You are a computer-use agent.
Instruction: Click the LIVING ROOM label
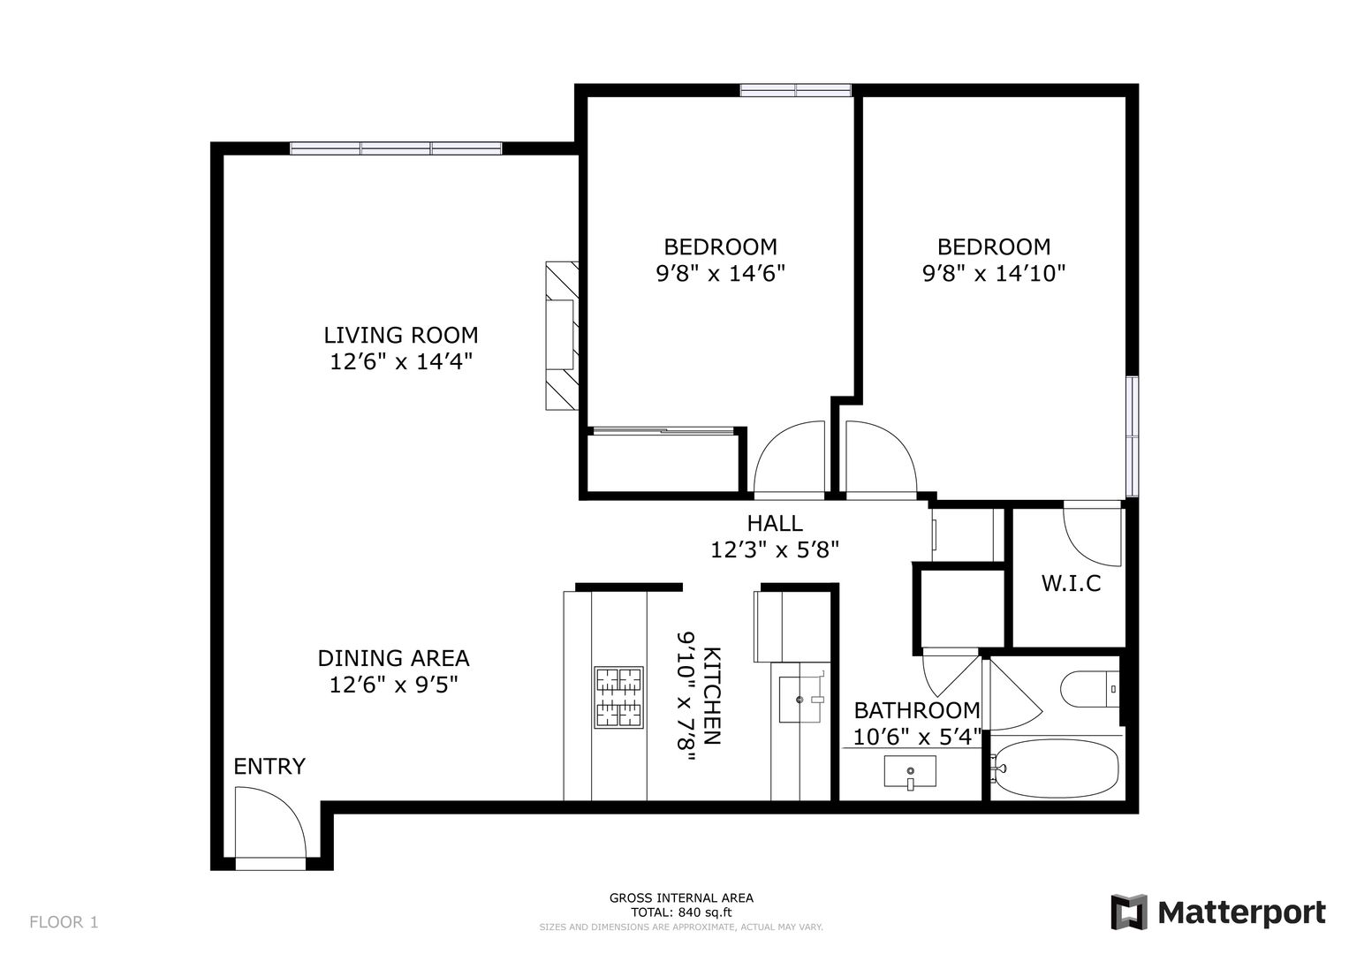tap(400, 335)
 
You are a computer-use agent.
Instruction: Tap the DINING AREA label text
tap(393, 658)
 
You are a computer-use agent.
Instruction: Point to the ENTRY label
tap(269, 767)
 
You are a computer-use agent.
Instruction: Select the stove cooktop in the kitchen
tap(618, 697)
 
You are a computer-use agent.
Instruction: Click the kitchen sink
tap(800, 700)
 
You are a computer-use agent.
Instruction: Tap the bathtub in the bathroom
tap(1054, 768)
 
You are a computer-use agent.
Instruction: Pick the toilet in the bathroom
tap(1089, 689)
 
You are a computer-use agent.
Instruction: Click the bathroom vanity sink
tap(910, 771)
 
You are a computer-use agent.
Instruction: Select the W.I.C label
tap(1071, 583)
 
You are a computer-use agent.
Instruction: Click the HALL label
tap(775, 523)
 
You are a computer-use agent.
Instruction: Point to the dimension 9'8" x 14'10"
tap(994, 274)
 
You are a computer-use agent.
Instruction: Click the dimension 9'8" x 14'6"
tap(720, 274)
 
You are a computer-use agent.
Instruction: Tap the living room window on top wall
tap(396, 148)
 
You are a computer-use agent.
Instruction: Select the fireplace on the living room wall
tap(562, 336)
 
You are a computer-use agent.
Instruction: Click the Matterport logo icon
tap(1128, 912)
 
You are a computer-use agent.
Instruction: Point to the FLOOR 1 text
tap(64, 922)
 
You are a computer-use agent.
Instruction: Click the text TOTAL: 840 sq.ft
tap(681, 912)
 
